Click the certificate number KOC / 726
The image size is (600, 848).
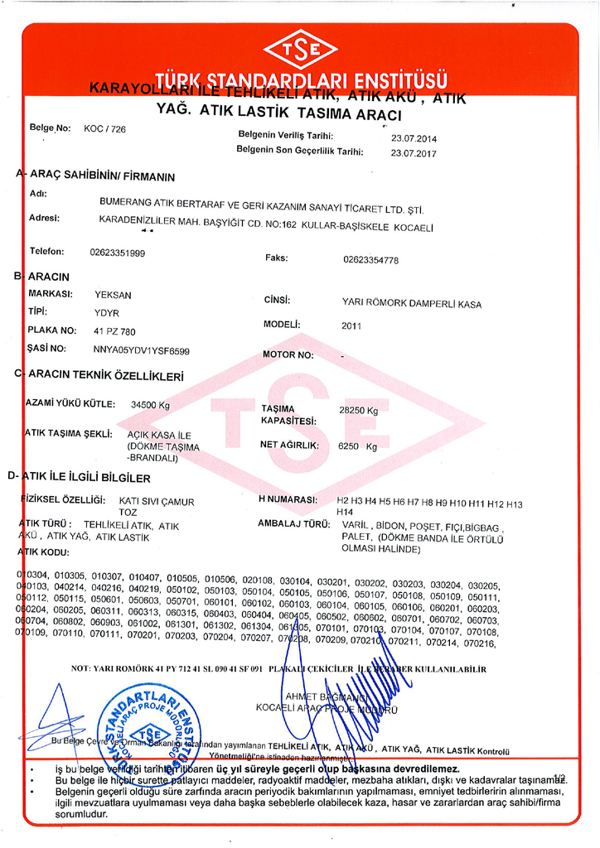click(104, 129)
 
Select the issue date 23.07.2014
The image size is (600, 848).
click(414, 138)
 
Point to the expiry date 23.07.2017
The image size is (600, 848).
click(414, 153)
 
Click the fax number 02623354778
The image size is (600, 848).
click(370, 260)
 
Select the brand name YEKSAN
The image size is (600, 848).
click(114, 296)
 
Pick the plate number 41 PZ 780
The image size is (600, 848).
click(114, 331)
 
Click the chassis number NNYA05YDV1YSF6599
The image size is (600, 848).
click(142, 350)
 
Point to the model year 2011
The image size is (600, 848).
click(351, 326)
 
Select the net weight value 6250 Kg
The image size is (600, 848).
click(358, 446)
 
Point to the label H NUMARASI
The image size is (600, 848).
click(288, 500)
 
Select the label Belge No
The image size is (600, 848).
click(50, 128)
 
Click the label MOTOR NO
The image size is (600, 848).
click(288, 355)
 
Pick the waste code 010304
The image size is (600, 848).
click(34, 575)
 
